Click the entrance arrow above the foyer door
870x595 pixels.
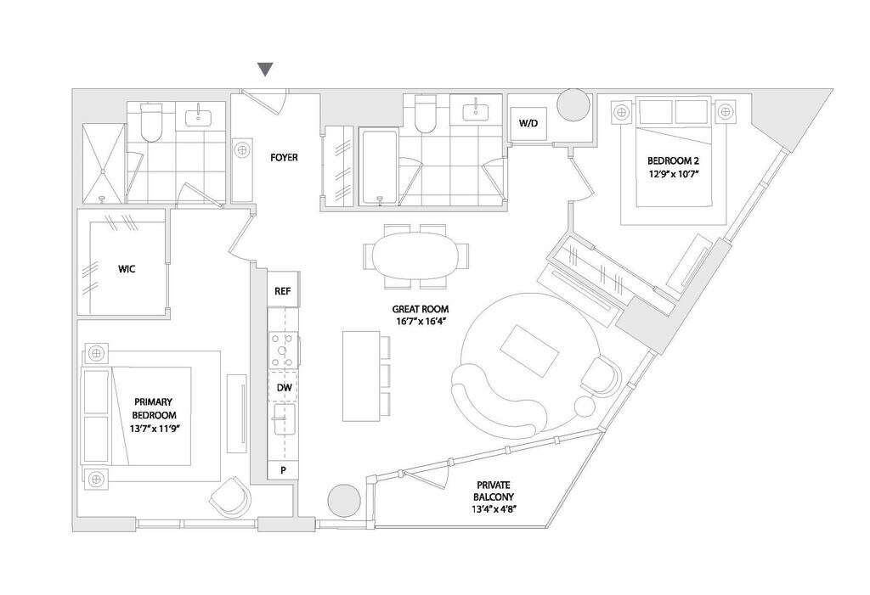(x=266, y=69)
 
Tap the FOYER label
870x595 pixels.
(x=284, y=157)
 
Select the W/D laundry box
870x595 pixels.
(x=528, y=124)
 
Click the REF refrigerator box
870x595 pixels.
(x=283, y=290)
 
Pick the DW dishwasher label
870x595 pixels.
(x=284, y=387)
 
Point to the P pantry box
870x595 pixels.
(x=283, y=470)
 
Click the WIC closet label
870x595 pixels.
(x=127, y=269)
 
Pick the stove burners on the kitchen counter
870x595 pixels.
(x=283, y=347)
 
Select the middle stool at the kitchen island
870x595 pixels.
(x=384, y=374)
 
